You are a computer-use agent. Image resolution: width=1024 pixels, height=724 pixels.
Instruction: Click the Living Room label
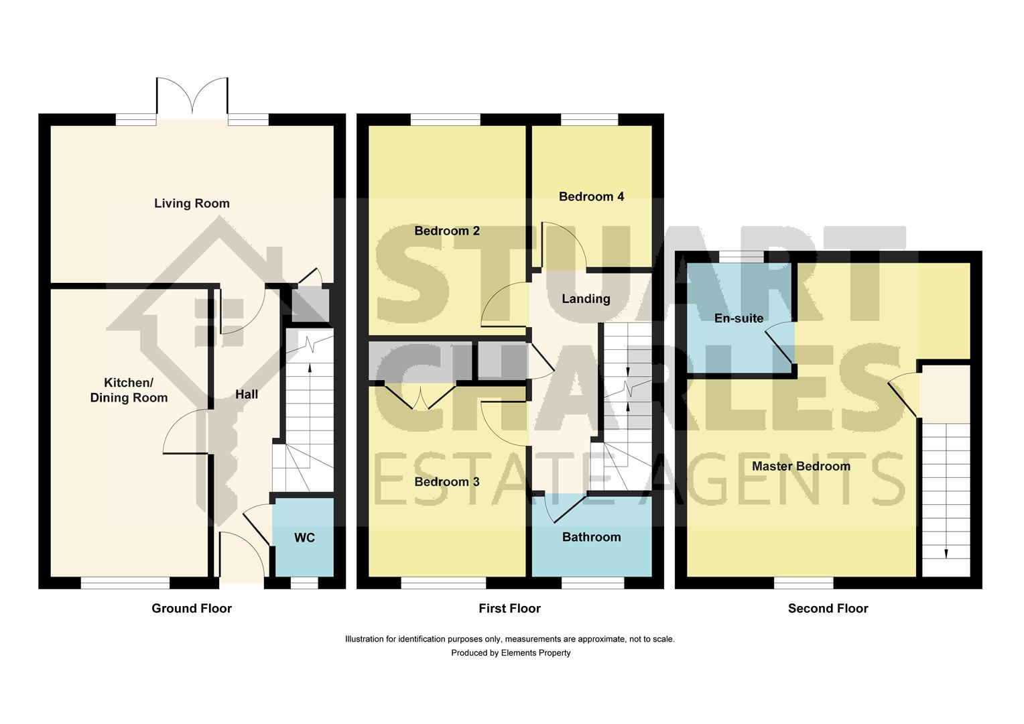click(x=192, y=203)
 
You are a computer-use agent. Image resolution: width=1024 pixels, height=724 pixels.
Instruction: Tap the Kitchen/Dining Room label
click(x=129, y=390)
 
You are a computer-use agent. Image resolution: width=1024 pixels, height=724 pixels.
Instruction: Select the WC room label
click(x=304, y=538)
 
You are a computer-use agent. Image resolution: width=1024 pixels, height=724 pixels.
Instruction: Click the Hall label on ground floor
click(x=246, y=394)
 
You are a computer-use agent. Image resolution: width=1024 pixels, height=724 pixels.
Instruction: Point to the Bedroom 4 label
click(x=591, y=196)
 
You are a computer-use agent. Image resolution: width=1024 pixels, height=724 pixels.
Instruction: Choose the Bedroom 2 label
click(x=446, y=231)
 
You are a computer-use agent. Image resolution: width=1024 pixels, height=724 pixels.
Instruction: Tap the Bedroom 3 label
click(x=446, y=481)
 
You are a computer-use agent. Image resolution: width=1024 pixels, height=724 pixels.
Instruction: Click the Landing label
click(x=586, y=299)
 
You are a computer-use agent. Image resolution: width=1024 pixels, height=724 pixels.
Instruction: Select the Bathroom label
click(x=591, y=537)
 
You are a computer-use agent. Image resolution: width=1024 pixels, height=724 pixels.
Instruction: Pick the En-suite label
click(x=739, y=318)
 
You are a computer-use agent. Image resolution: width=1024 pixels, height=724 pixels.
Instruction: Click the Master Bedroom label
click(x=801, y=466)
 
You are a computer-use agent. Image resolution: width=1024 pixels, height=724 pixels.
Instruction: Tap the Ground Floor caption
click(x=192, y=608)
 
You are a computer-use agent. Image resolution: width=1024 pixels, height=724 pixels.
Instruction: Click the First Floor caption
click(x=509, y=608)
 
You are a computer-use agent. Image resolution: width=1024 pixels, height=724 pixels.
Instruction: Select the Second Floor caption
click(x=828, y=608)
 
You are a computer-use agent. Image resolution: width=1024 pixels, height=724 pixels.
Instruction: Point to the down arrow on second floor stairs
click(x=946, y=552)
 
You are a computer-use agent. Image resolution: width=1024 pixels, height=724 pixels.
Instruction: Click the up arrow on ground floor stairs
click(x=310, y=367)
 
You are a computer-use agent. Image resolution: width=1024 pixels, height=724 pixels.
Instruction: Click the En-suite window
click(x=741, y=257)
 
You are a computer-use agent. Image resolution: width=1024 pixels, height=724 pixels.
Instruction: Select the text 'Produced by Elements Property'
click(x=511, y=652)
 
